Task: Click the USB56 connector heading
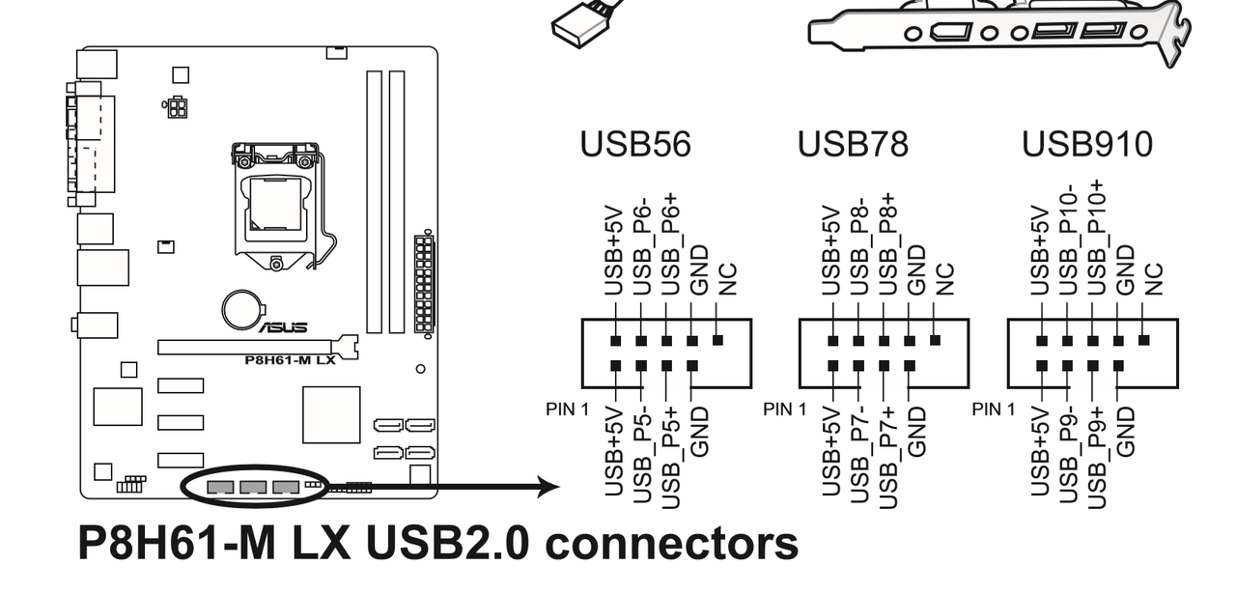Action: coord(634,145)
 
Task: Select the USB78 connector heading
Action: coord(853,145)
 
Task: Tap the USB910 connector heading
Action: coord(1086,145)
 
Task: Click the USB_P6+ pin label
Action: coord(670,244)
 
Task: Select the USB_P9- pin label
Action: coord(1067,453)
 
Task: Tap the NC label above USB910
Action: coord(1152,279)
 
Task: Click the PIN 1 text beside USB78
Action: coord(784,409)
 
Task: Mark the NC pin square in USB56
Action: coord(717,340)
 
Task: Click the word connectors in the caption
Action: coord(668,544)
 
